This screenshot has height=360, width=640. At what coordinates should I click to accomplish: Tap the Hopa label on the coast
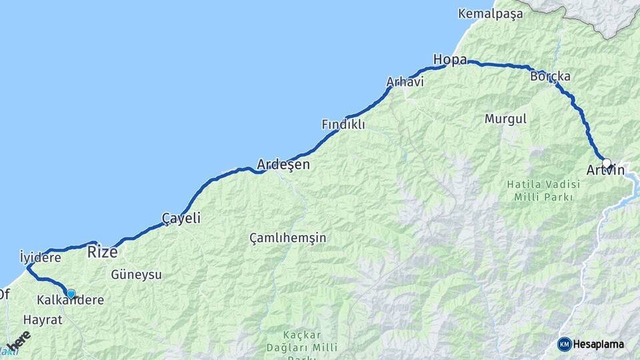[450, 59]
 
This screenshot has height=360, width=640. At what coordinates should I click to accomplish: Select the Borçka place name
[550, 76]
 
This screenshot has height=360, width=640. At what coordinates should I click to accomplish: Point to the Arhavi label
[405, 82]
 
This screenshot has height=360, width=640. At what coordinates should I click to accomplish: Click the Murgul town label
[505, 119]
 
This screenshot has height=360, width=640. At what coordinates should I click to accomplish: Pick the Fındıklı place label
[343, 124]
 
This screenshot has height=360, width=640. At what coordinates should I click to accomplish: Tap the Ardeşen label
[283, 164]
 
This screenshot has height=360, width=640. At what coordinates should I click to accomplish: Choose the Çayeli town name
[181, 218]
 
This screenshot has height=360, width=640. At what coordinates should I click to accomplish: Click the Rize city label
[103, 252]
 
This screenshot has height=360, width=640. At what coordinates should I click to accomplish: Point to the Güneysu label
[136, 274]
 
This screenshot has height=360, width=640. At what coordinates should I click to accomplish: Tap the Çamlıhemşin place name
[288, 237]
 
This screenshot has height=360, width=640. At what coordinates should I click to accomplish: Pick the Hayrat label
[43, 320]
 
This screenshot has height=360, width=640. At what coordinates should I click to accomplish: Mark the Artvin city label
[605, 171]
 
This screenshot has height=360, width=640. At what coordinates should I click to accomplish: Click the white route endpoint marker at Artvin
[607, 163]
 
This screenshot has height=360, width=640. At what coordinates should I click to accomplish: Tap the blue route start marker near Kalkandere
[71, 293]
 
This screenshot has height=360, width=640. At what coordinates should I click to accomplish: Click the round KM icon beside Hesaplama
[564, 344]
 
